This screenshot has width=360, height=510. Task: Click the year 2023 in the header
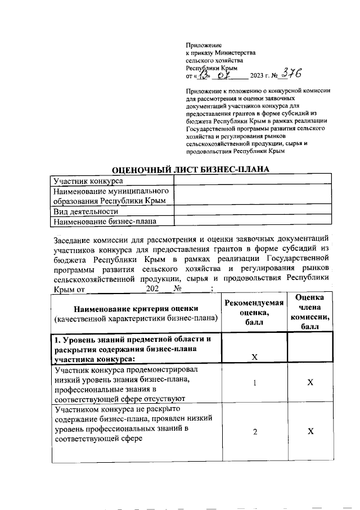[258, 75]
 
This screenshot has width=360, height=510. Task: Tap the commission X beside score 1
[309, 383]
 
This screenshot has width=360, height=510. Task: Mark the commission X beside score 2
[309, 432]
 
